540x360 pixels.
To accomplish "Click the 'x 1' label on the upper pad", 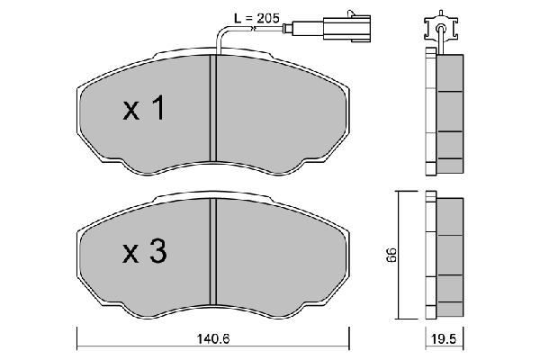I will [144, 111].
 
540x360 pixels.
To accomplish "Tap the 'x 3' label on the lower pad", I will [144, 254].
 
